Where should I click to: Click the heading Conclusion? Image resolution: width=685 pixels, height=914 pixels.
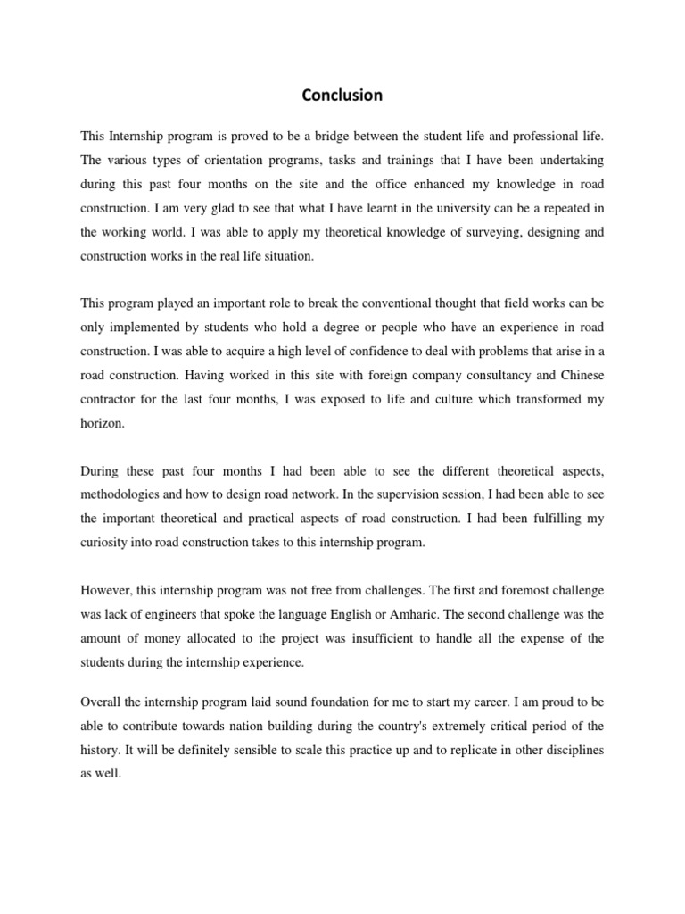[x=342, y=95]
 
